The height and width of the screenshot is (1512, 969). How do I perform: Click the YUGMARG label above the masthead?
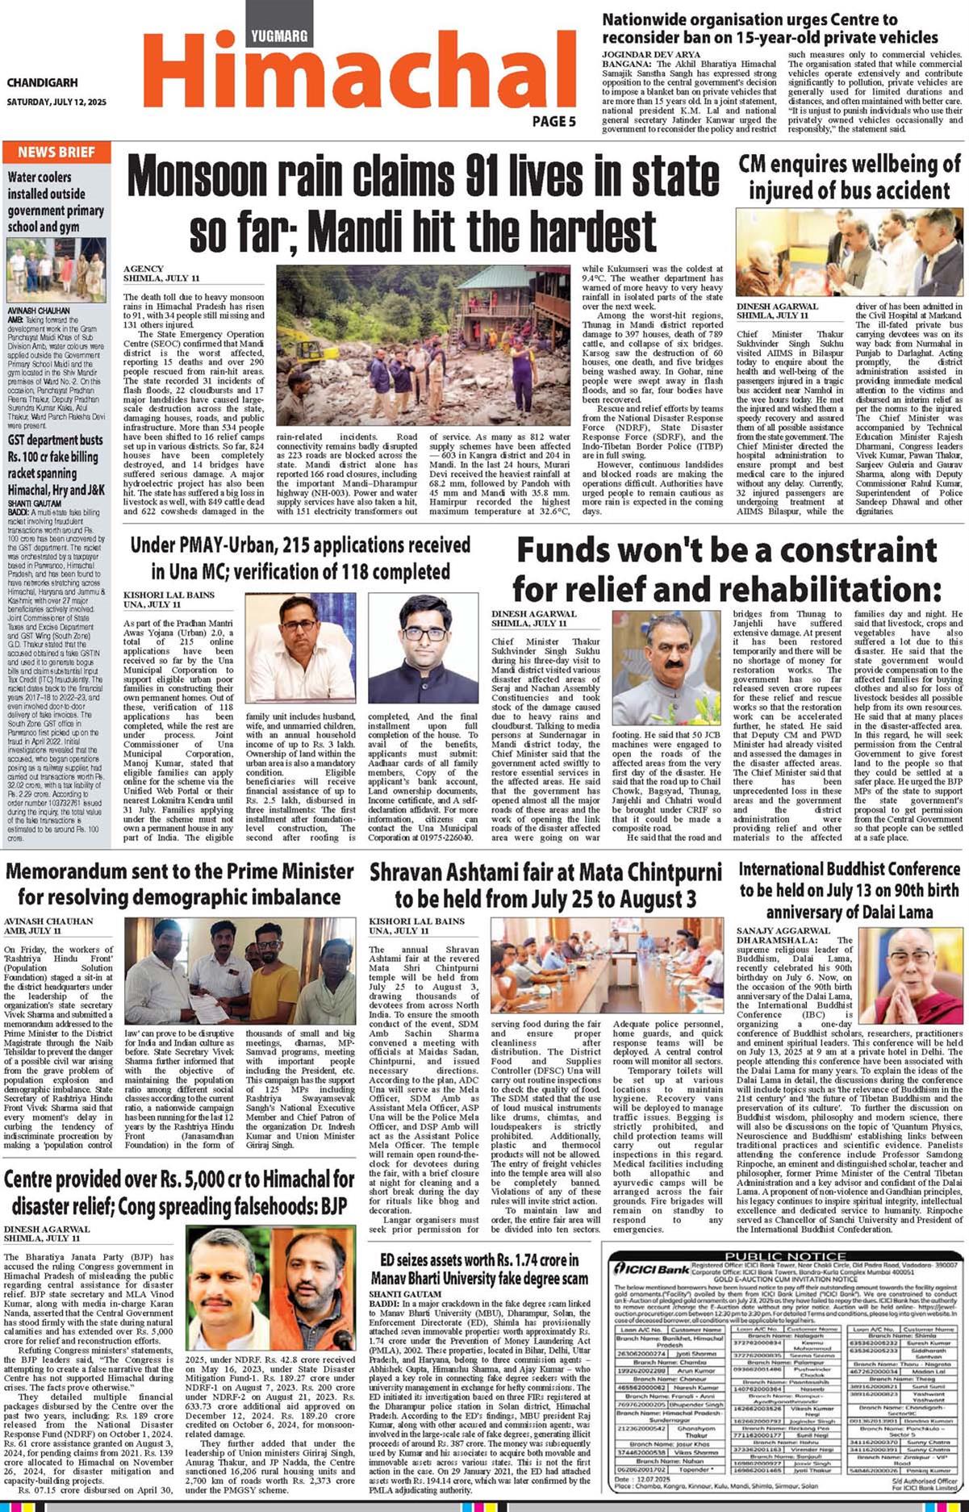(279, 36)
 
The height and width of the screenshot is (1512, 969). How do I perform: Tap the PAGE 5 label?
(553, 121)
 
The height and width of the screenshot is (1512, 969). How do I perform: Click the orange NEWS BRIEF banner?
(56, 152)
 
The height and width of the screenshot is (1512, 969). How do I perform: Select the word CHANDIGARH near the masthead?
(42, 82)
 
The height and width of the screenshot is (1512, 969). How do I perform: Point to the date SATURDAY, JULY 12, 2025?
(56, 102)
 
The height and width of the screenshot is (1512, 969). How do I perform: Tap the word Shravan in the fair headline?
(412, 872)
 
